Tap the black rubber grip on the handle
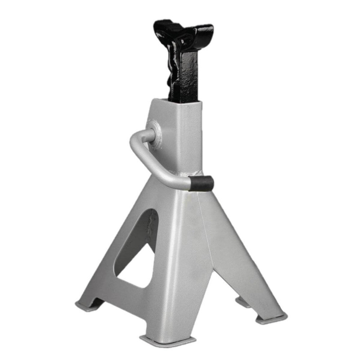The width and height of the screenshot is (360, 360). (x=200, y=184)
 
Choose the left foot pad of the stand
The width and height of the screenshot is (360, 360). (x=88, y=306)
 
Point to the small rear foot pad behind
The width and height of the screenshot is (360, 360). (x=243, y=301)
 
